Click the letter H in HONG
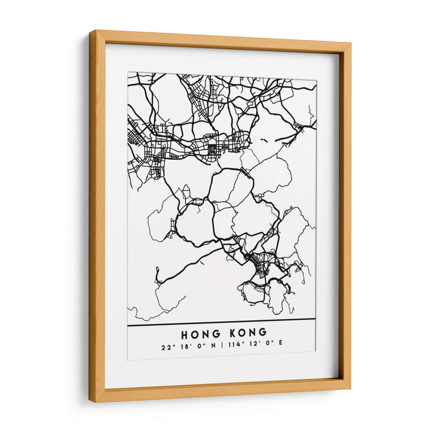click(x=184, y=332)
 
